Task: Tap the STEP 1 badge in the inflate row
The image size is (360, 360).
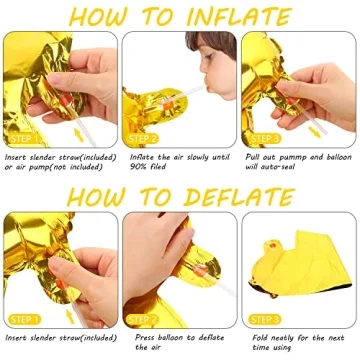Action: point(22,138)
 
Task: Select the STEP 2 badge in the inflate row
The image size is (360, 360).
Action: point(141,138)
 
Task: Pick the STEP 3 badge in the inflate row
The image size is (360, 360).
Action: point(264,138)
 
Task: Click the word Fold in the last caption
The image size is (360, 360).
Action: point(254,338)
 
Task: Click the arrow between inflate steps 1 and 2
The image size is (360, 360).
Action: point(118,88)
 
